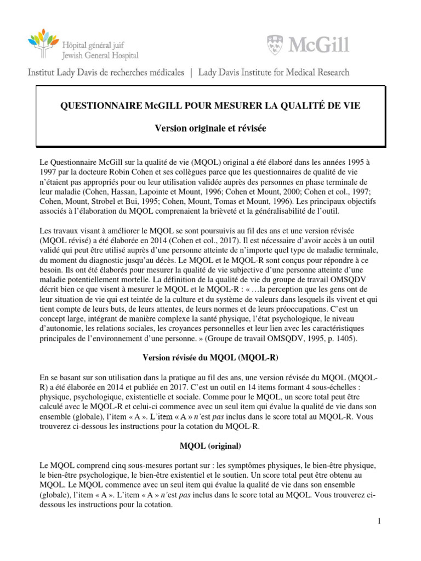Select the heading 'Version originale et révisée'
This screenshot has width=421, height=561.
210,128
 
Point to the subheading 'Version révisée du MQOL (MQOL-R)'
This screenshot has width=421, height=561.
210,357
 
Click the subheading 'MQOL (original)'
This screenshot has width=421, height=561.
210,445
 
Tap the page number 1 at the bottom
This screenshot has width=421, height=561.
379,521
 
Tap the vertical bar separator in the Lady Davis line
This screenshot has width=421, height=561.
191,72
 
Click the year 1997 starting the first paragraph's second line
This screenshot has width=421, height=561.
49,172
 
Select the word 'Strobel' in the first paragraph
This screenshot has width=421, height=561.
101,202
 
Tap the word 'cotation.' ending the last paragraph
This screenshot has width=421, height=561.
155,505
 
